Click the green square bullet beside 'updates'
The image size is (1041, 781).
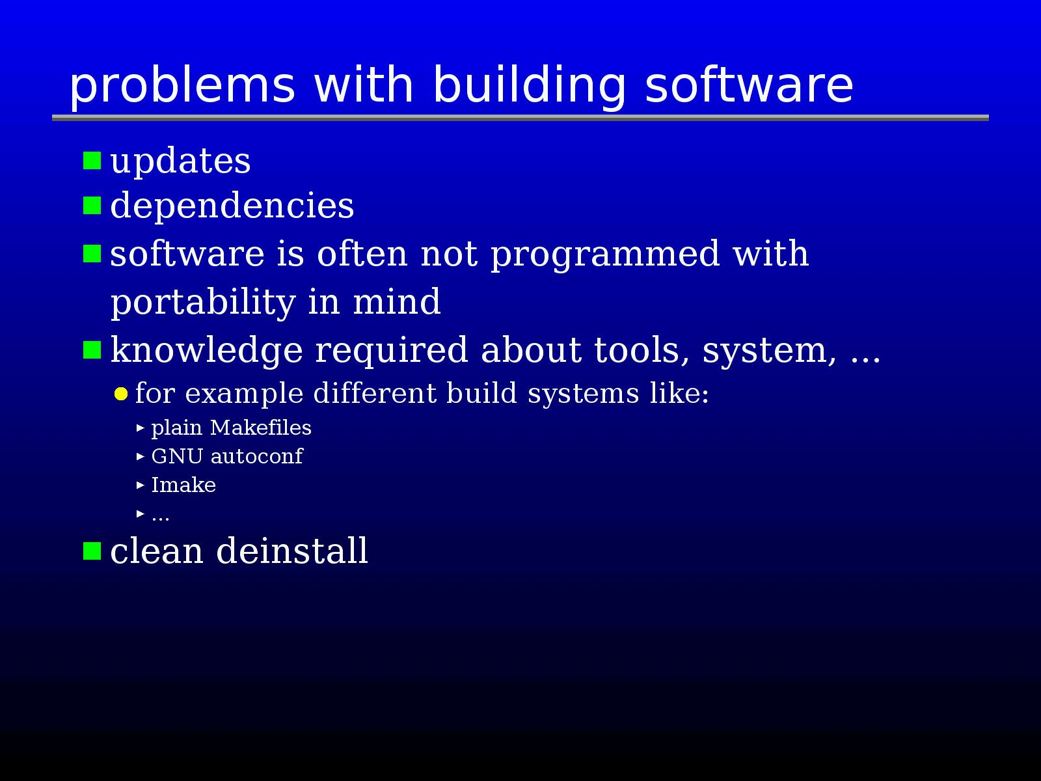click(92, 160)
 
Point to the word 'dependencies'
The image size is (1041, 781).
click(232, 206)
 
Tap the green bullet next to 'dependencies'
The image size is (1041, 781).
click(92, 206)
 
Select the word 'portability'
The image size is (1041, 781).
click(204, 303)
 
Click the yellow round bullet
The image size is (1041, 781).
click(121, 394)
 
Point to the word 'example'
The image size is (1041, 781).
click(244, 394)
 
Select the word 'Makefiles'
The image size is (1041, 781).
click(261, 427)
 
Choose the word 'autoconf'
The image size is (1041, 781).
click(256, 456)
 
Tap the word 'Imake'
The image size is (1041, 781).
click(183, 485)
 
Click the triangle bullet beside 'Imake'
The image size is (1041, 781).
click(140, 485)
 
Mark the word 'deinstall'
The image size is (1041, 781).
click(292, 551)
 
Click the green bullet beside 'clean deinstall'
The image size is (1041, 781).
click(92, 551)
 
